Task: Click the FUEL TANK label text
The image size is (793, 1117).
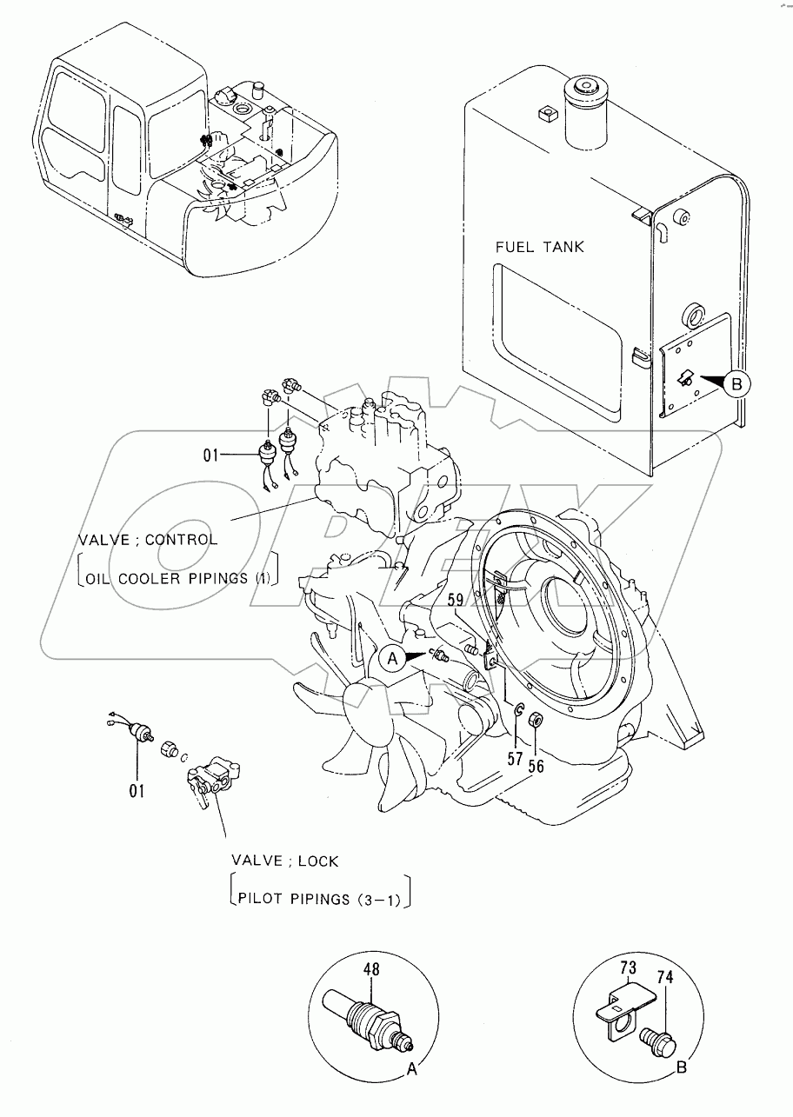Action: (539, 247)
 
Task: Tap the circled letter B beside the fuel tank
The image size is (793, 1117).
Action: (736, 383)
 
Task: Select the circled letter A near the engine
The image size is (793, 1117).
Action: (392, 660)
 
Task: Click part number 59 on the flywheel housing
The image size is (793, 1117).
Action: (456, 598)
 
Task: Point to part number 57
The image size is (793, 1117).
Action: (515, 759)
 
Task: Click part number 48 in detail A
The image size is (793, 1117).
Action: (371, 970)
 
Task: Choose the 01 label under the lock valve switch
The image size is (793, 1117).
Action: (137, 790)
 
